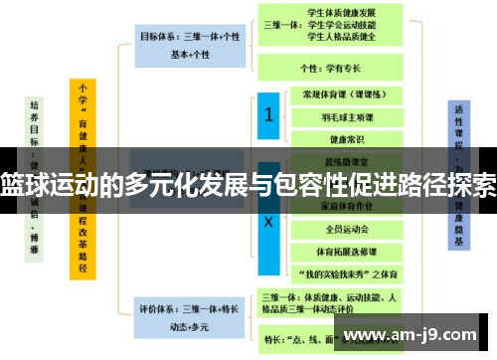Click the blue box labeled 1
267,116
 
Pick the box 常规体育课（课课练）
337,94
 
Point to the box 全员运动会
337,230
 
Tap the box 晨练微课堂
337,159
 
